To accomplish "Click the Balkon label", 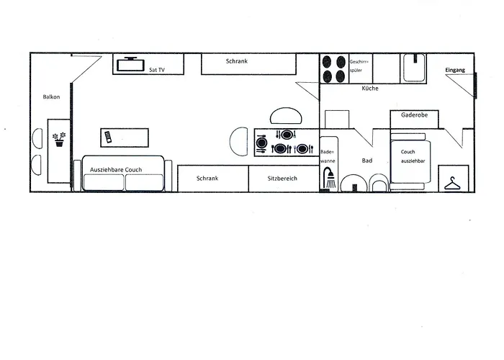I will (51, 96).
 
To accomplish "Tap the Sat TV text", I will (157, 69).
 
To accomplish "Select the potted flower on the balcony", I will (60, 138).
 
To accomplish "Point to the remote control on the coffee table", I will (109, 137).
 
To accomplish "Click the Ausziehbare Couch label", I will (116, 169).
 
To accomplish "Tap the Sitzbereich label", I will (283, 177).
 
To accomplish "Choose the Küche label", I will (370, 88).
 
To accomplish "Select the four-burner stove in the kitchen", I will (333, 68).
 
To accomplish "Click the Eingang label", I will (455, 70).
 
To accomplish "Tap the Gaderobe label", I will (415, 114).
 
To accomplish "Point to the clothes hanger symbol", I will (452, 184).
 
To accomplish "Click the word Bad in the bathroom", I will (366, 161).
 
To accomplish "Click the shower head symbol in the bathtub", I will (330, 177).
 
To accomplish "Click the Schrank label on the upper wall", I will (236, 62).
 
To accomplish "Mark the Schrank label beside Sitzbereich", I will (207, 177).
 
